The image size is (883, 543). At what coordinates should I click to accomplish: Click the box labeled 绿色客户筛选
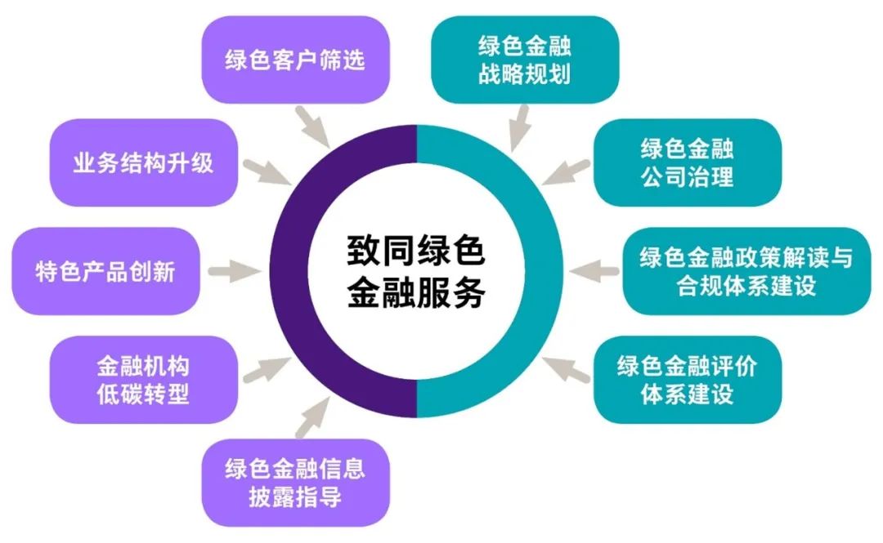click(x=295, y=60)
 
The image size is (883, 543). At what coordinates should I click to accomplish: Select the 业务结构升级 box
click(x=143, y=162)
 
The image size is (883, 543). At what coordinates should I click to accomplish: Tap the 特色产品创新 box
click(x=106, y=271)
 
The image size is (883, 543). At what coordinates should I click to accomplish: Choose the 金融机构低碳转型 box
click(x=143, y=380)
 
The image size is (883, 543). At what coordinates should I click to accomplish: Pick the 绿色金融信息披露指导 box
click(x=295, y=482)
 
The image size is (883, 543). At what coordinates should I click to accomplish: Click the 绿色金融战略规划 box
click(x=524, y=60)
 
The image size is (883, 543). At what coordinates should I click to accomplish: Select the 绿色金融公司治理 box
click(x=687, y=162)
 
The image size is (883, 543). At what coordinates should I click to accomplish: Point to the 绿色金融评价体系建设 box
click(x=687, y=380)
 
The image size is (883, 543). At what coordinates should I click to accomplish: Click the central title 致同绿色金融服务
click(x=416, y=271)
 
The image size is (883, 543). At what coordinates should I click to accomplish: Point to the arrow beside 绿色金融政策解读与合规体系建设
click(x=594, y=270)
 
